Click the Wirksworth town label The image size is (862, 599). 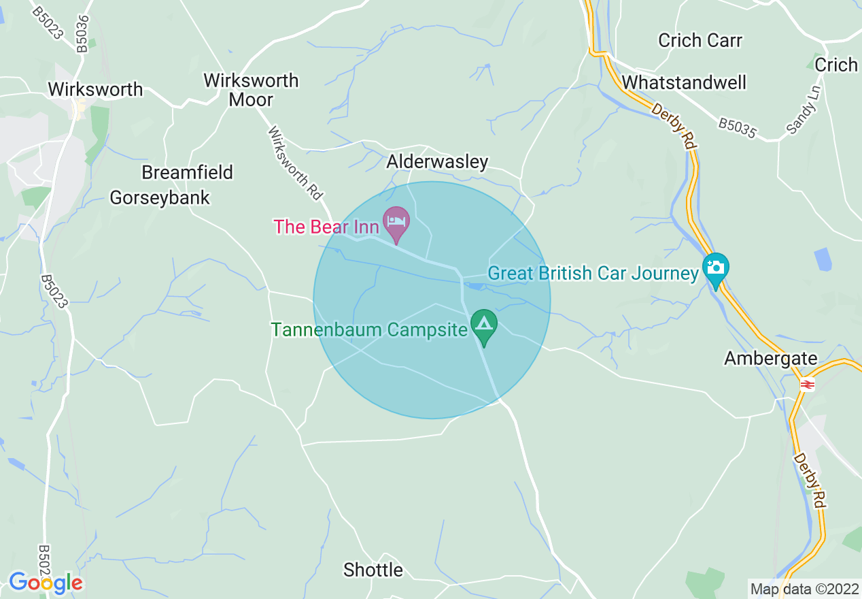click(95, 89)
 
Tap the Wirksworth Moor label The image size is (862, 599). click(251, 89)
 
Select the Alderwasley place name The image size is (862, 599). click(437, 161)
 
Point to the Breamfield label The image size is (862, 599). click(187, 172)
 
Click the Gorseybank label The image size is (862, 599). click(160, 197)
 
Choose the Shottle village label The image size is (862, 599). click(373, 569)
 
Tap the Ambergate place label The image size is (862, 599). click(770, 358)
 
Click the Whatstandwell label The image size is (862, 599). click(684, 82)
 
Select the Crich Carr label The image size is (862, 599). click(700, 40)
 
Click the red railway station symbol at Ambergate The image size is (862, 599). click(807, 385)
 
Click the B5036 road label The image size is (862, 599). click(82, 33)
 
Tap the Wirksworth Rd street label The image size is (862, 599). click(294, 163)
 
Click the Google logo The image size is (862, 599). click(46, 583)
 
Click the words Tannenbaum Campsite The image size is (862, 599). click(370, 330)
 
